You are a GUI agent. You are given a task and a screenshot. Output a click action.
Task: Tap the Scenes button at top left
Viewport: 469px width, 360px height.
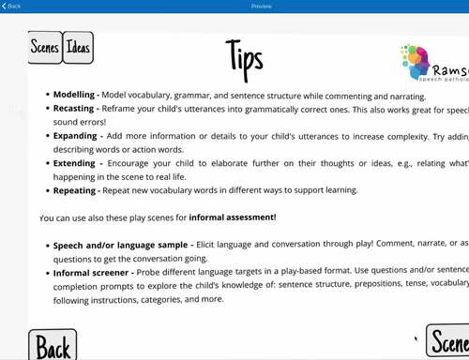point(45,48)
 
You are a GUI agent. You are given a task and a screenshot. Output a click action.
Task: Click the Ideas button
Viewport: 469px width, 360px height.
point(78,48)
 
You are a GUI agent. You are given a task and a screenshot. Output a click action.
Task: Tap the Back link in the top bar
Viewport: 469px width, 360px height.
point(12,6)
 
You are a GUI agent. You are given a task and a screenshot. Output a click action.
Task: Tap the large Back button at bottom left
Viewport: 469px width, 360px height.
point(53,345)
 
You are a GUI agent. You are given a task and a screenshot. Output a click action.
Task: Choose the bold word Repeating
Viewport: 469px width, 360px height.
point(76,190)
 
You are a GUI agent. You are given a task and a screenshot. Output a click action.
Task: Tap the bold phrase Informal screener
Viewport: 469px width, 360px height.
point(90,272)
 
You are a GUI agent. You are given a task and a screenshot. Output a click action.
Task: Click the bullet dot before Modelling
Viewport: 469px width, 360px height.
point(47,96)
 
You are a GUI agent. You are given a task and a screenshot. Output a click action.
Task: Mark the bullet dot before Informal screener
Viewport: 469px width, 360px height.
point(47,272)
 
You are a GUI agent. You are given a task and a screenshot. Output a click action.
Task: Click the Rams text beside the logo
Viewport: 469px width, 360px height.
point(451,70)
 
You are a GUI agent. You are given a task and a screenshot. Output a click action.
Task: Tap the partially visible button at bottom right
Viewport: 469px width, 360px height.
point(448,342)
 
